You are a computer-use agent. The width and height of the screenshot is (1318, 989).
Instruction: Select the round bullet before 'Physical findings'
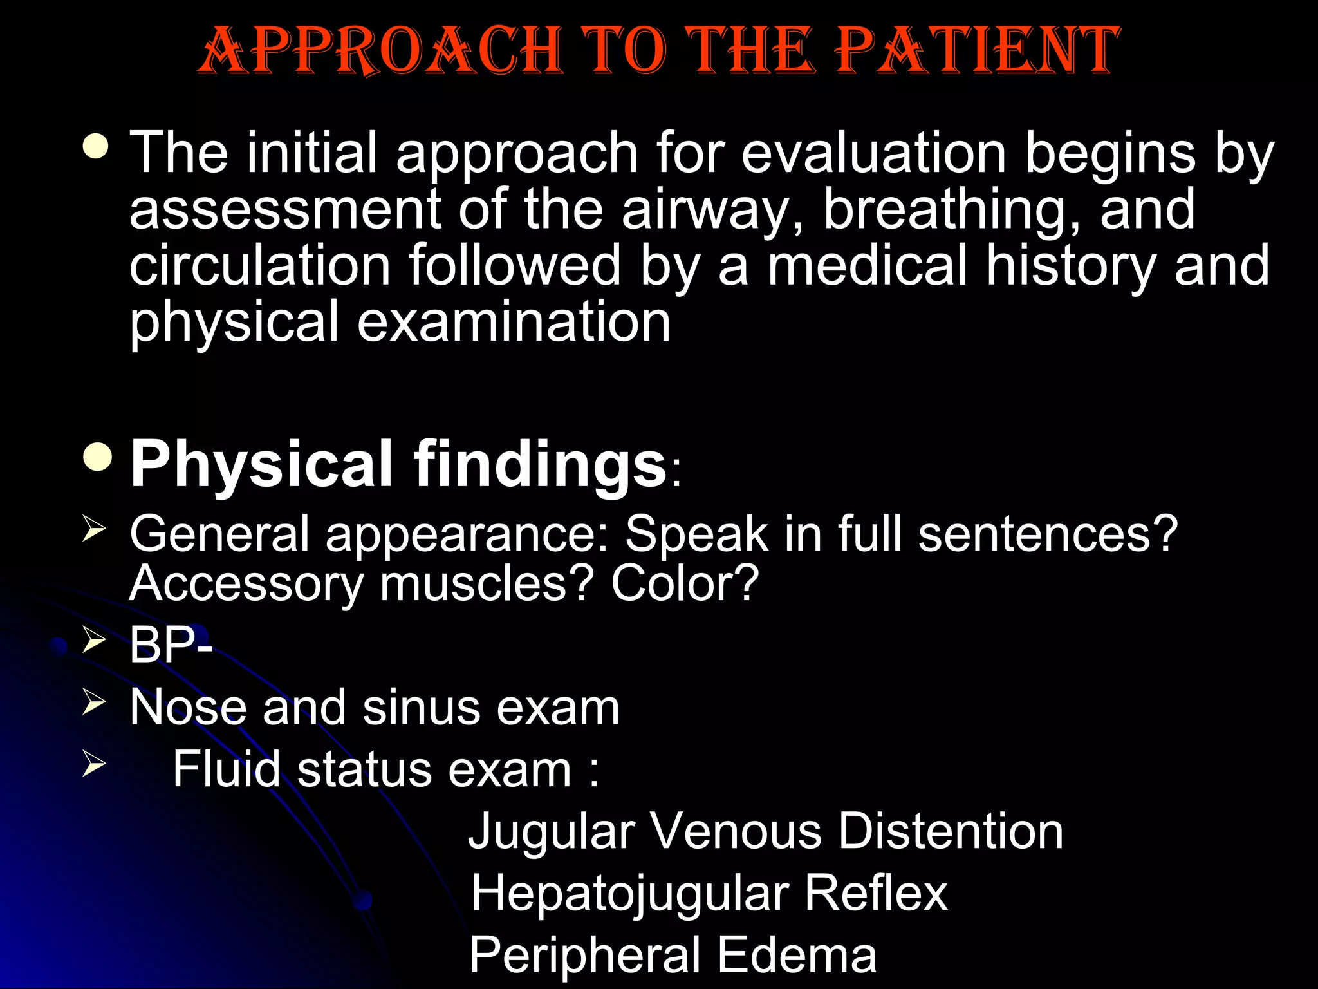click(x=98, y=457)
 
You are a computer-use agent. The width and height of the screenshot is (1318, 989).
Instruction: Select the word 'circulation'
click(x=260, y=265)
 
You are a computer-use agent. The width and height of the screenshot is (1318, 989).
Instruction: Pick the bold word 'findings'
click(x=539, y=464)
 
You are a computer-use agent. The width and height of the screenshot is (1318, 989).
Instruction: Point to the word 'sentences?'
click(x=1048, y=534)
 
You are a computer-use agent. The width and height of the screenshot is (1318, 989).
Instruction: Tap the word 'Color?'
click(x=685, y=583)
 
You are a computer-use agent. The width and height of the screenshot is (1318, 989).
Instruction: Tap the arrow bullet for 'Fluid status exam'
click(x=94, y=764)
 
